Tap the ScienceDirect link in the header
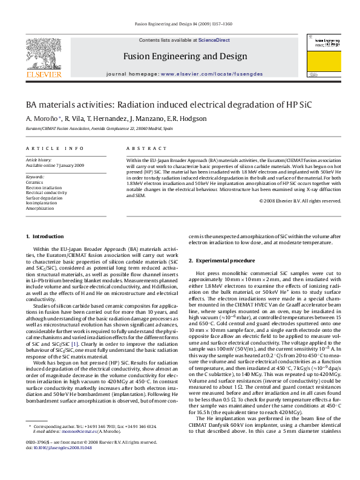coord(214,40)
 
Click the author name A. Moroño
coord(43,118)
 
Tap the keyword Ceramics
coord(34,182)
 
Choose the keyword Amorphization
coord(40,207)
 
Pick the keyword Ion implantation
coord(42,203)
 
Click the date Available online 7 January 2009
coord(54,165)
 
